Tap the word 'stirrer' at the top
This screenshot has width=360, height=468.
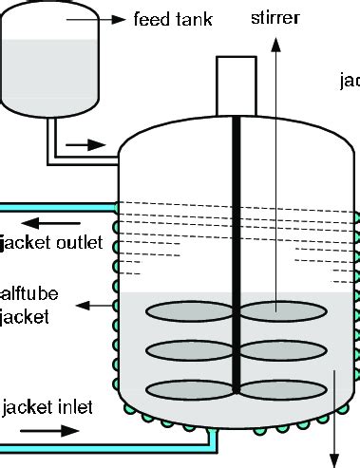click(x=277, y=17)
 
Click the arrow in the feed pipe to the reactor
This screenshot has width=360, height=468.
click(x=90, y=145)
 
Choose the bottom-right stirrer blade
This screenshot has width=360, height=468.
click(x=276, y=387)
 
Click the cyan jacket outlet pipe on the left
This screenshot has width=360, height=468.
click(x=57, y=204)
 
